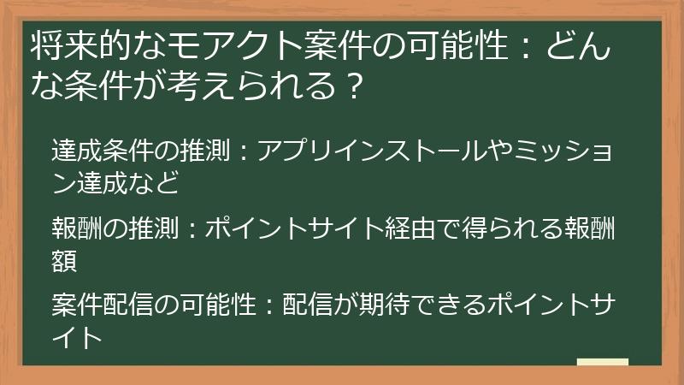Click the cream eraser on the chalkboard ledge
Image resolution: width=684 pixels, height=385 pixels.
(x=602, y=362)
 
